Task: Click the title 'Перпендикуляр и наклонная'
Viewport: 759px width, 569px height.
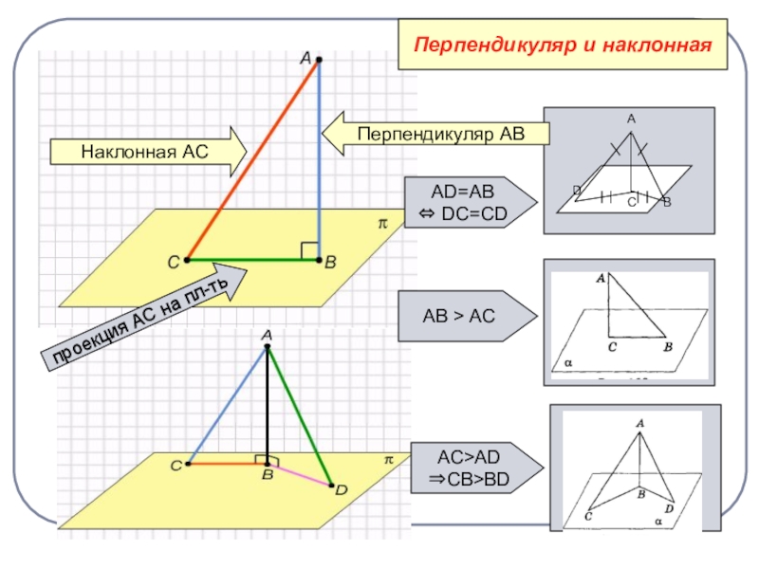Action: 564,45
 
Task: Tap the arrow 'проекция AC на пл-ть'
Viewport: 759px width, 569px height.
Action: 142,318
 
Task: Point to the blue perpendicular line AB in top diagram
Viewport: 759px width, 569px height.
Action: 320,161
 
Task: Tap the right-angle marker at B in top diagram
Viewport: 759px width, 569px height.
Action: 309,250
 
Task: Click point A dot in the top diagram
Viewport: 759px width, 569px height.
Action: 319,60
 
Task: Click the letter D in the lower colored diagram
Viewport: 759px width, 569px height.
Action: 342,490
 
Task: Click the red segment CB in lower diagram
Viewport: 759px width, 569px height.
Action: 228,464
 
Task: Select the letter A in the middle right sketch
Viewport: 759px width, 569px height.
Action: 601,279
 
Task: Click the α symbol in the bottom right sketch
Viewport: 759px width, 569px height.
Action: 657,521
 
